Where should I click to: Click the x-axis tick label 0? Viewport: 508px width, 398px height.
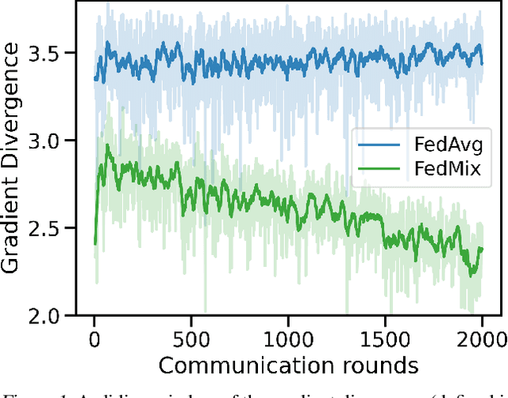94,337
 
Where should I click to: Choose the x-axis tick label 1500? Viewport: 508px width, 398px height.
385,337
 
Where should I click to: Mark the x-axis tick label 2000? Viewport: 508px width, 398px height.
482,337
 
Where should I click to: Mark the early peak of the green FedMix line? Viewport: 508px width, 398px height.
107,145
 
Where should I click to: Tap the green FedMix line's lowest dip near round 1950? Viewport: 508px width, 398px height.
471,274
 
